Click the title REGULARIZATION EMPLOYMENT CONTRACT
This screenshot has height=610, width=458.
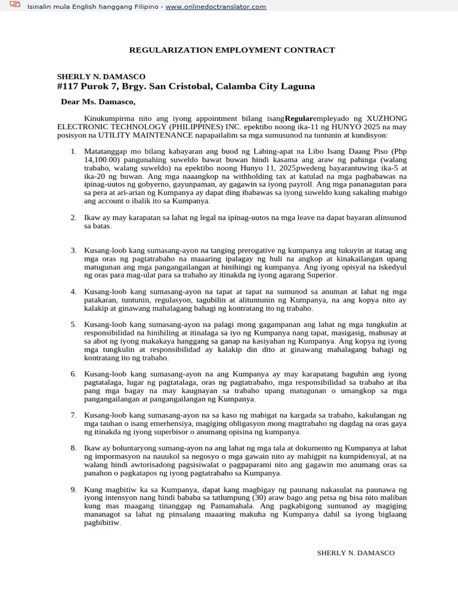pyautogui.click(x=232, y=50)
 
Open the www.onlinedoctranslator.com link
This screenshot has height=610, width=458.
pyautogui.click(x=208, y=7)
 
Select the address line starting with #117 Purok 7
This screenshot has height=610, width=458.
pyautogui.click(x=185, y=86)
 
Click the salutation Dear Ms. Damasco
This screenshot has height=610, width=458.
pyautogui.click(x=98, y=102)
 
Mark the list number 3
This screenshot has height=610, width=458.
pyautogui.click(x=73, y=251)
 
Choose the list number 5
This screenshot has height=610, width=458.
pyautogui.click(x=73, y=325)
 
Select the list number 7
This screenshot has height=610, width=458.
pyautogui.click(x=73, y=415)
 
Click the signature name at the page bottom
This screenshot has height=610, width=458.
pyautogui.click(x=355, y=553)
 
